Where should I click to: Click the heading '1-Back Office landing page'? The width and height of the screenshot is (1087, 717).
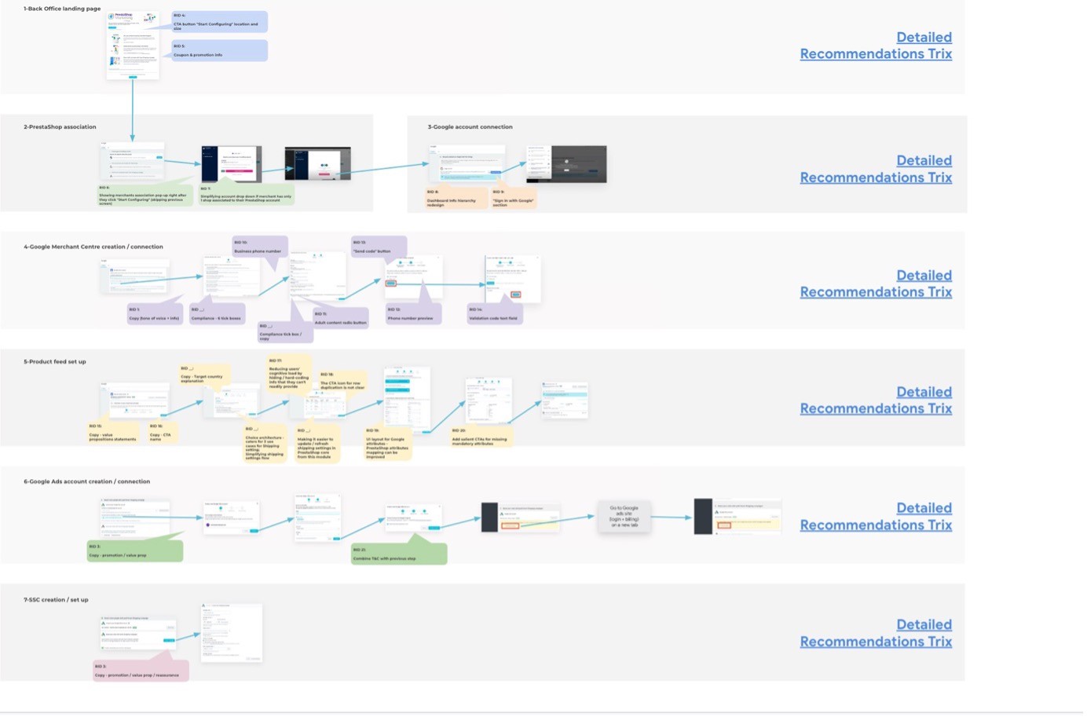(x=62, y=9)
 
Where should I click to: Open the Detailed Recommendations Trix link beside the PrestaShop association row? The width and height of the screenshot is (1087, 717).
(x=876, y=169)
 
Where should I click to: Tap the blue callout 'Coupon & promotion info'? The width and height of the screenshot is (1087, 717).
(x=219, y=51)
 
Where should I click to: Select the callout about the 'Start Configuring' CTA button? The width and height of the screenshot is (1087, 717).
(x=219, y=22)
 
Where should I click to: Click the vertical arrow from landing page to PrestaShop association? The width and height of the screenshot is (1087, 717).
(x=132, y=110)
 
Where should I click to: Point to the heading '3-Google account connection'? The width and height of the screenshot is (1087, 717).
(x=470, y=126)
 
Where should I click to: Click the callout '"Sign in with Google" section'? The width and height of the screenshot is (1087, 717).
(x=514, y=198)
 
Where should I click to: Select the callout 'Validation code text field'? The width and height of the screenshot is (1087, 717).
(x=495, y=314)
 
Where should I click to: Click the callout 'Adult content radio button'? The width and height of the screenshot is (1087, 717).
(x=340, y=318)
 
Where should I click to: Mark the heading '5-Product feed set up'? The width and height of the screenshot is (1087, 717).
(x=55, y=362)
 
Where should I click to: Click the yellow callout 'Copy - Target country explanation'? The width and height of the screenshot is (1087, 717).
(x=204, y=375)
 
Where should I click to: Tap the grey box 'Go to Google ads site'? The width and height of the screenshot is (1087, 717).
(x=624, y=516)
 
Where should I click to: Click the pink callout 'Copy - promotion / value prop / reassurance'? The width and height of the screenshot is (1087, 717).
(x=141, y=671)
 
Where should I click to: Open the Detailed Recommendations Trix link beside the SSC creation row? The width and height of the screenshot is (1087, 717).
(x=876, y=633)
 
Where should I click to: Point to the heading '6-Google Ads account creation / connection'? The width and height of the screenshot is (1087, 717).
(x=86, y=481)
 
